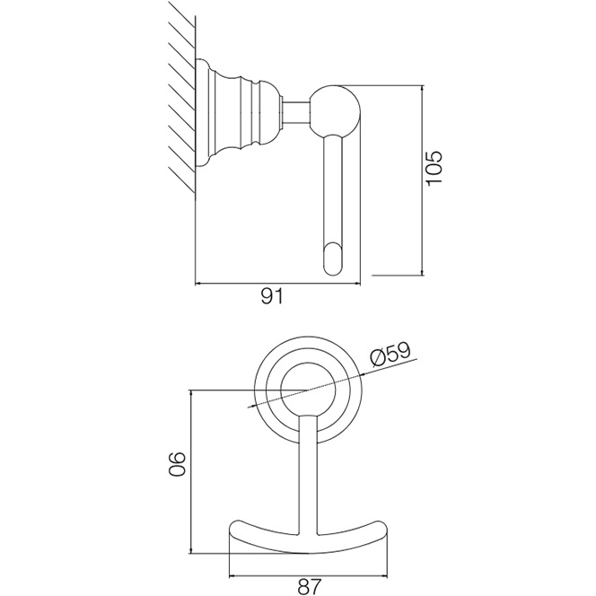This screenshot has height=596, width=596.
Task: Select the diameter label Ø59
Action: (x=389, y=355)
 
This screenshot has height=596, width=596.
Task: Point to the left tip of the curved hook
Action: (x=237, y=522)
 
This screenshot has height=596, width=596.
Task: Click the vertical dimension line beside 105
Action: (x=422, y=180)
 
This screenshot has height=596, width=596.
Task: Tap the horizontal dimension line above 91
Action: (x=278, y=284)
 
